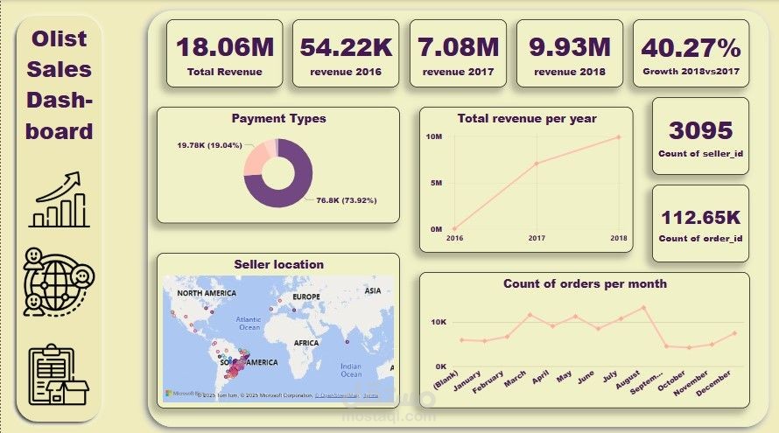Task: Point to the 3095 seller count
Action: click(700, 130)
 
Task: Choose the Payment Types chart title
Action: click(278, 118)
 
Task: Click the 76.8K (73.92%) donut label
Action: click(340, 200)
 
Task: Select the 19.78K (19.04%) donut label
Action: click(208, 145)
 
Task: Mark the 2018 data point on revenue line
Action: click(618, 136)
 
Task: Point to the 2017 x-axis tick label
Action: click(537, 238)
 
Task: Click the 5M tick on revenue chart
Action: click(434, 183)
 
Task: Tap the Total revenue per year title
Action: click(526, 118)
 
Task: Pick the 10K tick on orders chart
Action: click(438, 322)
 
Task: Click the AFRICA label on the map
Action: click(306, 343)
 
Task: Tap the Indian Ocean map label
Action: click(351, 370)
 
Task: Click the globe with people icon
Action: click(59, 279)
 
